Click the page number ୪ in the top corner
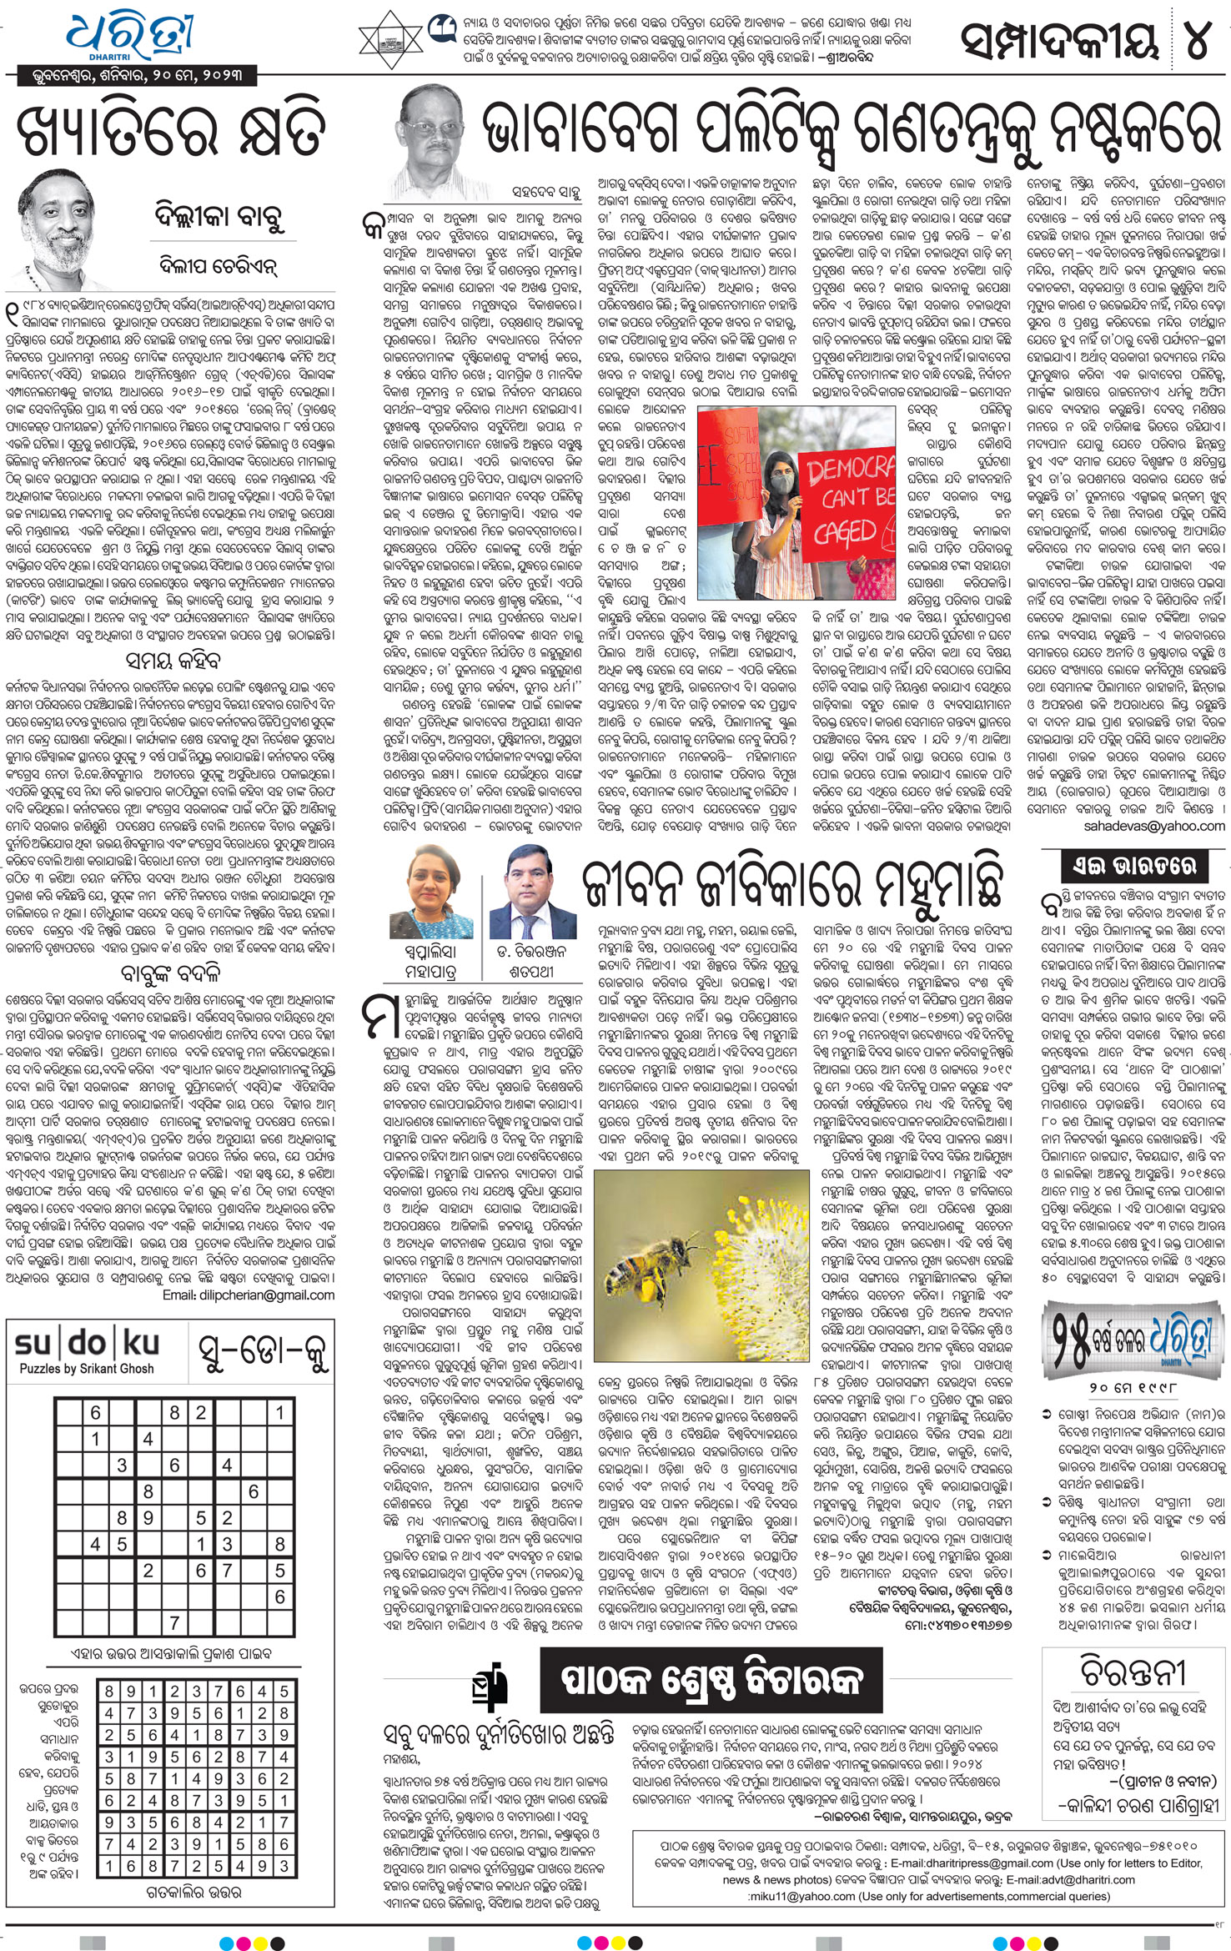[1197, 38]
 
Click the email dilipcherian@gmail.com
[249, 1295]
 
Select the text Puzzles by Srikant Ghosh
[87, 1369]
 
